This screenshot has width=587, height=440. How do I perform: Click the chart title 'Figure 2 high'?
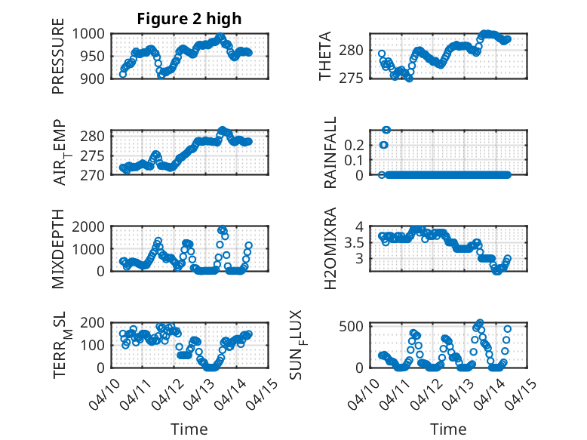pyautogui.click(x=189, y=19)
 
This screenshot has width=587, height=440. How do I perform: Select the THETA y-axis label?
pyautogui.click(x=325, y=57)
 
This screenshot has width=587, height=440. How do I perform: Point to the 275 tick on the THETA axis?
pyautogui.click(x=358, y=78)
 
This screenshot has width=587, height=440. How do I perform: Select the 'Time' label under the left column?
pyautogui.click(x=189, y=429)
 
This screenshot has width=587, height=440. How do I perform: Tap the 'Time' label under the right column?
pyautogui.click(x=448, y=429)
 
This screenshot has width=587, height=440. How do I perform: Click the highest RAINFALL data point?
pyautogui.click(x=386, y=130)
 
